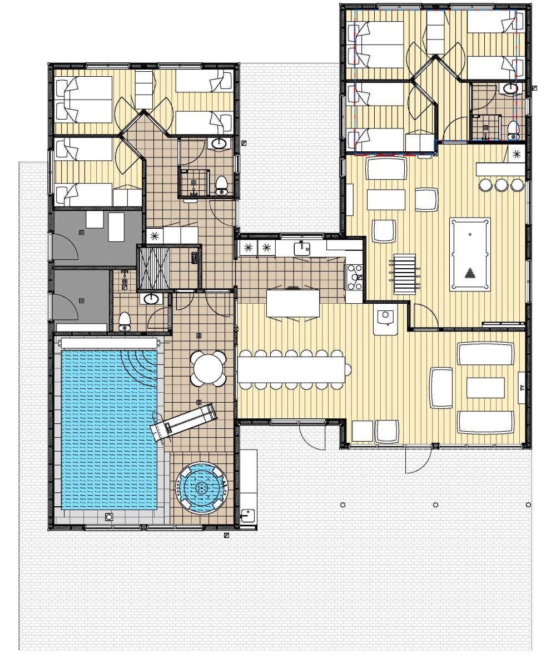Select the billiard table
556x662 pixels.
(470, 254)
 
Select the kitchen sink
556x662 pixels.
(301, 248)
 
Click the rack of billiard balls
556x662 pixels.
(470, 273)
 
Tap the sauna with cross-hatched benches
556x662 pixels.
(153, 268)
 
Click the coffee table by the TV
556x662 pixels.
(485, 388)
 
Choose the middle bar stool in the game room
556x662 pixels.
(501, 185)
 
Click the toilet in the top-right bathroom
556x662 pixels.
(513, 129)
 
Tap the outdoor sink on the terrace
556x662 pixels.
(247, 516)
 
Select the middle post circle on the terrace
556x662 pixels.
(435, 505)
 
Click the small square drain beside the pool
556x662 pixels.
(110, 517)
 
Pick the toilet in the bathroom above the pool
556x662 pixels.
(125, 321)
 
